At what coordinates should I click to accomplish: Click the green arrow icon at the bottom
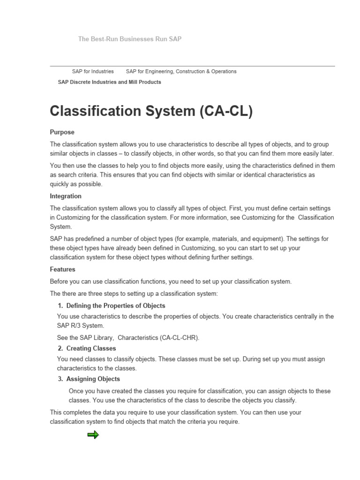(93, 435)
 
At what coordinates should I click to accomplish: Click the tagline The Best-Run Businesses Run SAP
(129, 39)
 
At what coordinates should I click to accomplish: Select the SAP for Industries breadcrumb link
(93, 71)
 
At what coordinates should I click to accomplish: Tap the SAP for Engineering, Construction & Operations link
(181, 71)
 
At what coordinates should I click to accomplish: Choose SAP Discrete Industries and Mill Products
(109, 82)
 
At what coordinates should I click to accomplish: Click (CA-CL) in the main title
(226, 112)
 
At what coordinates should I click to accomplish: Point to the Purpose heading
(62, 132)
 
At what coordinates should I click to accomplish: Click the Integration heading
(66, 196)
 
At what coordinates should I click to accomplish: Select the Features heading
(62, 270)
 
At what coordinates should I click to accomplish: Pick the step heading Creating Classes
(91, 348)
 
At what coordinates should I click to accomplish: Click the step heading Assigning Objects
(93, 379)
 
